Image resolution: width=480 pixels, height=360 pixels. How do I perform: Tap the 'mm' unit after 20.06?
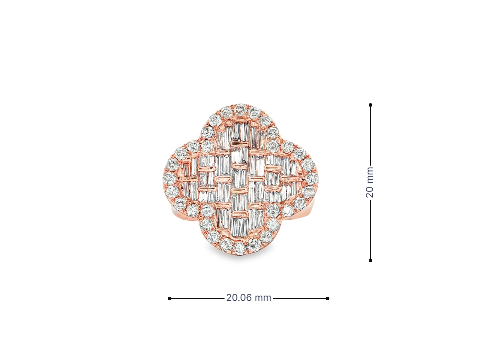[x=263, y=298]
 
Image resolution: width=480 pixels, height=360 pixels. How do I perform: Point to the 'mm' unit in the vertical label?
[x=370, y=176]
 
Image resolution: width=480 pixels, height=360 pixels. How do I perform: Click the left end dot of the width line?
[x=170, y=298]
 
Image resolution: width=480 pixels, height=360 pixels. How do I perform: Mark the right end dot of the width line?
[x=327, y=298]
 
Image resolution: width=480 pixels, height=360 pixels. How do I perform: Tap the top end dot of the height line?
[x=370, y=105]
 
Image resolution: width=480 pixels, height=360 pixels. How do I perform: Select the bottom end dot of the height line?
[x=370, y=260]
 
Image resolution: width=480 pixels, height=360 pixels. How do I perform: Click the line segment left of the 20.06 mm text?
[x=197, y=298]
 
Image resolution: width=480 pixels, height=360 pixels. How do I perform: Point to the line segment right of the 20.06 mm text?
[x=300, y=298]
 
